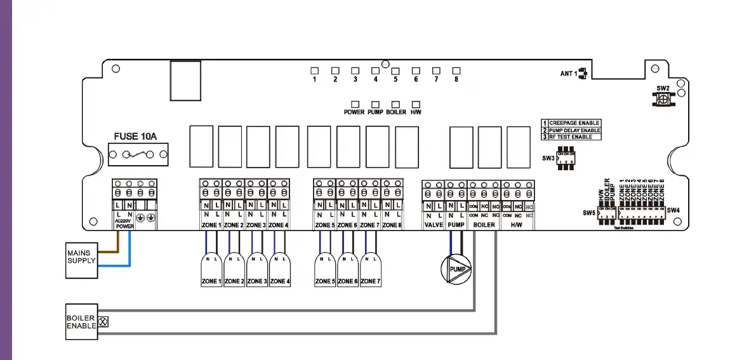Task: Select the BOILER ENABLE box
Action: pyautogui.click(x=81, y=321)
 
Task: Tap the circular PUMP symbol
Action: pyautogui.click(x=457, y=269)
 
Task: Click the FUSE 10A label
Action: pyautogui.click(x=135, y=137)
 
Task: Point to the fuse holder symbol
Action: pyautogui.click(x=138, y=154)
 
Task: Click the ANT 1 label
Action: pyautogui.click(x=569, y=74)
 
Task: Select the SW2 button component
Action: pyautogui.click(x=663, y=99)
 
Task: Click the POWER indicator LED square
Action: pyautogui.click(x=354, y=103)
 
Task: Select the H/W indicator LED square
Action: pyautogui.click(x=416, y=103)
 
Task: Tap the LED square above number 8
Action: pyautogui.click(x=456, y=70)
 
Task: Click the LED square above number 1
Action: pyautogui.click(x=314, y=70)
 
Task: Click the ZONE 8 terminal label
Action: pyautogui.click(x=392, y=225)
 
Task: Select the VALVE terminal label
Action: pyautogui.click(x=434, y=225)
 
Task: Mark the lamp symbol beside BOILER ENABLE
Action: pyautogui.click(x=103, y=322)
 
